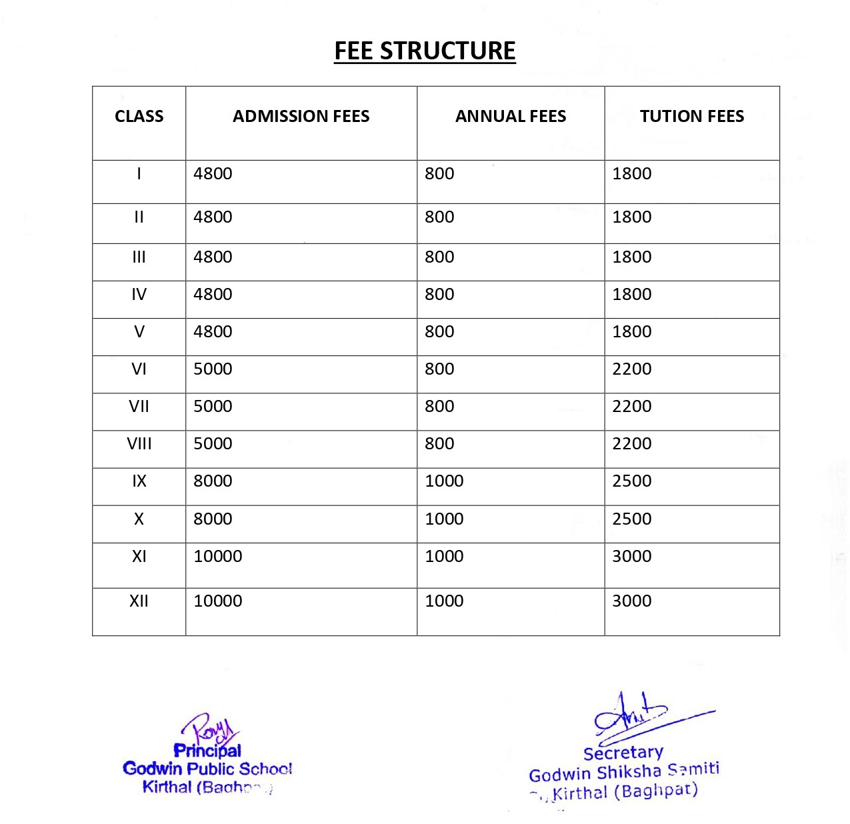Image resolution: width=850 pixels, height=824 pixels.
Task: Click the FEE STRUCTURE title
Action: click(425, 51)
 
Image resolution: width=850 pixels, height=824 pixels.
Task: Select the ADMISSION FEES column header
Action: click(301, 116)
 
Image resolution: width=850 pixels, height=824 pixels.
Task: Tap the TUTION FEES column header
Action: click(691, 116)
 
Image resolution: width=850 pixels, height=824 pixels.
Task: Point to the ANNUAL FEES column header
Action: click(510, 116)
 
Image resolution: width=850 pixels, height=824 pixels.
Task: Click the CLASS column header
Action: click(139, 116)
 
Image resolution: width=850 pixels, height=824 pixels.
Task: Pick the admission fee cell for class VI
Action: click(213, 369)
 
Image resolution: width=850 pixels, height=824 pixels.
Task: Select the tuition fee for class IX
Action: click(631, 481)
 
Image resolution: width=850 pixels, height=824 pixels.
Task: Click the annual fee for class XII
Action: click(444, 601)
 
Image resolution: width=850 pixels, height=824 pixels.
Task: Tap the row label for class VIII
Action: click(139, 444)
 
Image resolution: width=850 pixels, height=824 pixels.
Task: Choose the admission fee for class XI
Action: click(217, 557)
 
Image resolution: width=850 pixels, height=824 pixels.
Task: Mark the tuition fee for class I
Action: click(631, 174)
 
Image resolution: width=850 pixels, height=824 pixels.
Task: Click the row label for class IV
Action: click(139, 295)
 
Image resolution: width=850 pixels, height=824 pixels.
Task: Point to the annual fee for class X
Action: click(444, 519)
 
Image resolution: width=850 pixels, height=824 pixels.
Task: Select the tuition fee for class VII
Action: click(631, 407)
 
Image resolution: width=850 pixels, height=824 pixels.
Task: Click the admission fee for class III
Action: click(213, 257)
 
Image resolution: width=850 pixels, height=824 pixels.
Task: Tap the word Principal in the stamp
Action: click(207, 751)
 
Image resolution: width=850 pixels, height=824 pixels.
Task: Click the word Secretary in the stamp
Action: click(623, 753)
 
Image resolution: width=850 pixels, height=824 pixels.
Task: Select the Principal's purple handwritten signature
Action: click(210, 729)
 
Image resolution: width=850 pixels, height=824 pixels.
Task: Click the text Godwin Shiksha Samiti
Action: click(624, 772)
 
